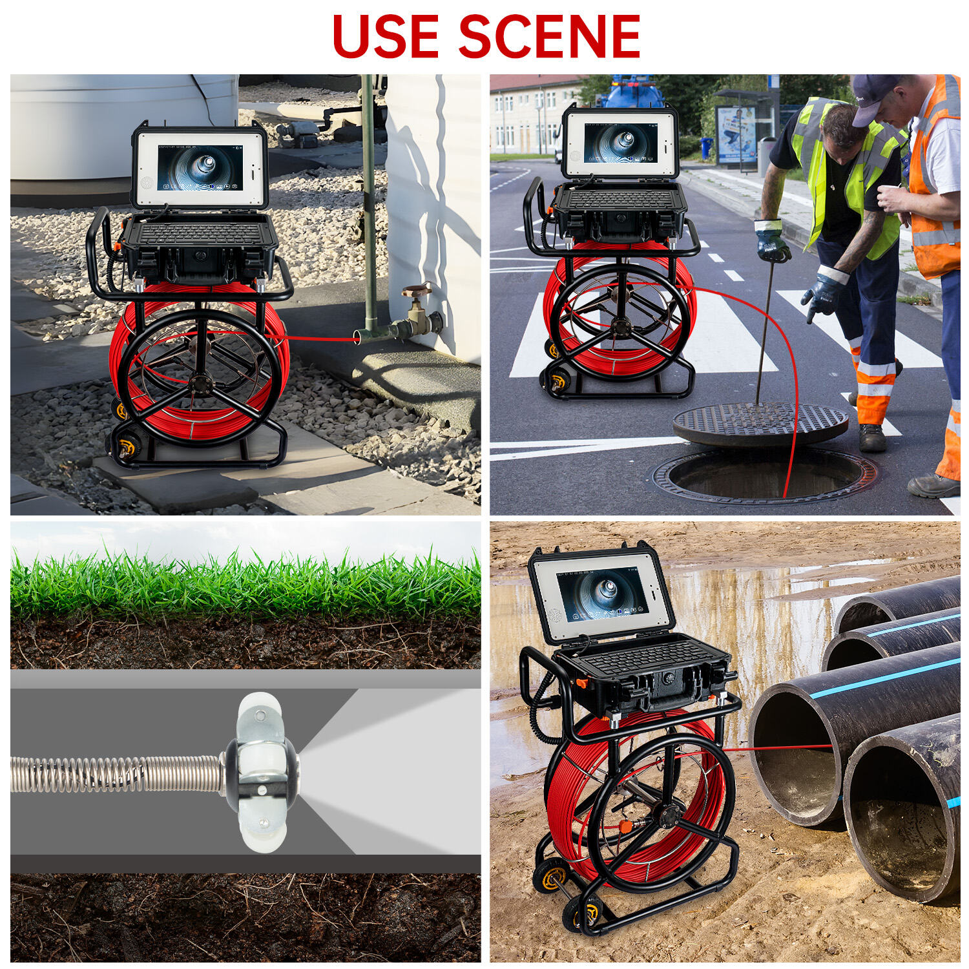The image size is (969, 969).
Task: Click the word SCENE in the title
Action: pos(549,36)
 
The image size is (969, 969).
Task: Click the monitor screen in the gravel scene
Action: pos(200,167)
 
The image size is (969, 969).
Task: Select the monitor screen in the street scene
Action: pos(620,143)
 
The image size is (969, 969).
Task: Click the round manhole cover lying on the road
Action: pos(760,424)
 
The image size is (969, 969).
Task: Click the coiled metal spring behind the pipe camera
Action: pos(116,774)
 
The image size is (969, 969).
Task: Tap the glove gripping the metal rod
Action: pos(772,242)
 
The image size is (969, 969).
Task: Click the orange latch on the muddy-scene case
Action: pos(581,683)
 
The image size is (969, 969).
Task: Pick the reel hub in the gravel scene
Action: pos(200,384)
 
